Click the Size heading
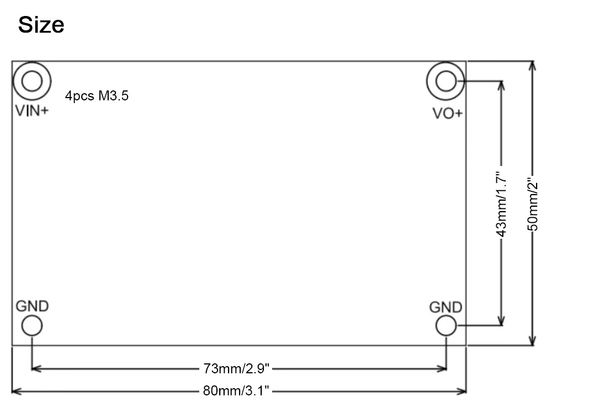(41, 25)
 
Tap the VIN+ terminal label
(32, 111)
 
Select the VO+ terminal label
(447, 113)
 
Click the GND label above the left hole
(33, 306)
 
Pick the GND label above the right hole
(445, 307)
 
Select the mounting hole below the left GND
(32, 315)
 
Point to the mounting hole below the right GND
(446, 315)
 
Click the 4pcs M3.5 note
(97, 95)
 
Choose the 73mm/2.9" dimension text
(236, 369)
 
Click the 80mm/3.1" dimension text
(236, 391)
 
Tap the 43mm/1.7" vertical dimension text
(501, 205)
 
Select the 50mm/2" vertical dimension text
(533, 205)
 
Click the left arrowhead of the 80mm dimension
(17, 391)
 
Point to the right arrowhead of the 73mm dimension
(442, 369)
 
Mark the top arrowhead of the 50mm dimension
(532, 66)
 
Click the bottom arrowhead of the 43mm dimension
(501, 321)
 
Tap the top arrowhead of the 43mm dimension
(501, 86)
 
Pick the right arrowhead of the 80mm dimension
(461, 391)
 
